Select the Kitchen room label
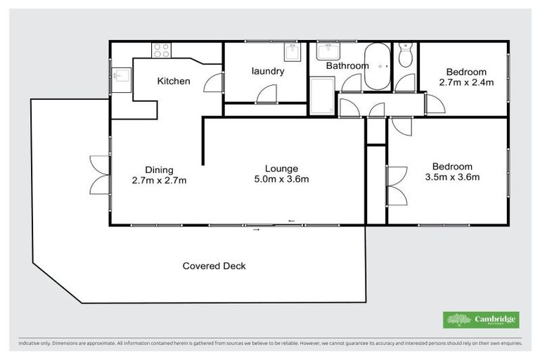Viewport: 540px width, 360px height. [x=173, y=81]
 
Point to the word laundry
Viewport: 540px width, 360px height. [x=267, y=71]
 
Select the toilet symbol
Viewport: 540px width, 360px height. [x=405, y=57]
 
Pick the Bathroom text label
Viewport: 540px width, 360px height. [x=347, y=66]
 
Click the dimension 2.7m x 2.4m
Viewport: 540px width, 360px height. [x=466, y=82]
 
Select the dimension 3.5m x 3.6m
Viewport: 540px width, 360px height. [x=452, y=177]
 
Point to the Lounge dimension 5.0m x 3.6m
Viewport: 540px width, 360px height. [x=281, y=179]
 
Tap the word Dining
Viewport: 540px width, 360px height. [x=159, y=169]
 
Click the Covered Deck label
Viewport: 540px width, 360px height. [x=214, y=266]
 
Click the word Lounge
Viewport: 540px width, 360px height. [x=281, y=169]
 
